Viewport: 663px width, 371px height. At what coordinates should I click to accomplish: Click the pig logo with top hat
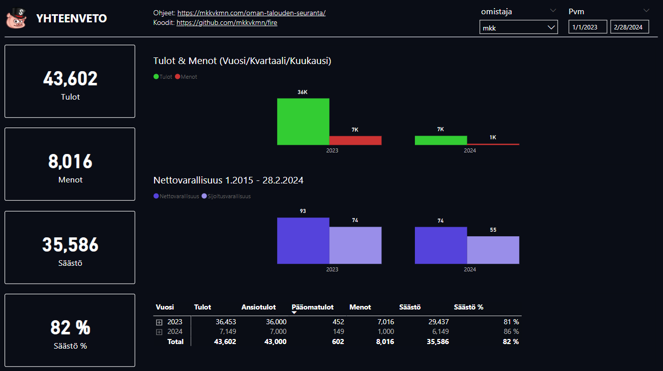[16, 18]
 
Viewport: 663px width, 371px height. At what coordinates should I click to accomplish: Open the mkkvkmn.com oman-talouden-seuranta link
[251, 13]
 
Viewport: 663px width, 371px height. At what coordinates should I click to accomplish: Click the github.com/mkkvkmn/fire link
[227, 22]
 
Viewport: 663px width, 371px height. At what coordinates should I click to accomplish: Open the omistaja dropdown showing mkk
[518, 27]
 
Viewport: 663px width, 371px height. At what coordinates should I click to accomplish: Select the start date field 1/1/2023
[587, 27]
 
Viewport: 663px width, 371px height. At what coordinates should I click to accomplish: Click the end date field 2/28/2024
[629, 27]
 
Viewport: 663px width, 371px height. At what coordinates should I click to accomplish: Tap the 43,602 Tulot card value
[70, 79]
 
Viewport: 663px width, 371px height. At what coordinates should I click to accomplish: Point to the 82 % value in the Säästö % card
[70, 328]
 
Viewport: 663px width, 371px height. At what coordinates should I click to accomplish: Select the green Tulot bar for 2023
[303, 121]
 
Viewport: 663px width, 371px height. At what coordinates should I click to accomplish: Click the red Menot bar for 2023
[355, 140]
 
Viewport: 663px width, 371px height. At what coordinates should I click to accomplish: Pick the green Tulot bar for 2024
[441, 140]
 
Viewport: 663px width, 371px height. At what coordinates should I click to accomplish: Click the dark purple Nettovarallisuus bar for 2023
[303, 240]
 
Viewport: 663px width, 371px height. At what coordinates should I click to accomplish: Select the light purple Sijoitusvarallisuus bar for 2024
[493, 250]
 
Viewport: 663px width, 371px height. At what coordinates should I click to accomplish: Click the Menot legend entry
[186, 77]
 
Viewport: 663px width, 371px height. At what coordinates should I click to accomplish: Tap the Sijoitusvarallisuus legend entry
[226, 196]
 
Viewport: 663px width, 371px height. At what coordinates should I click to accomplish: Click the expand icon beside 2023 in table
[159, 322]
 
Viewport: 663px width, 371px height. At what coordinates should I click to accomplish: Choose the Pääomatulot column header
[313, 307]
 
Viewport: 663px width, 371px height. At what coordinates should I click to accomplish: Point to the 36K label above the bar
[303, 92]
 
